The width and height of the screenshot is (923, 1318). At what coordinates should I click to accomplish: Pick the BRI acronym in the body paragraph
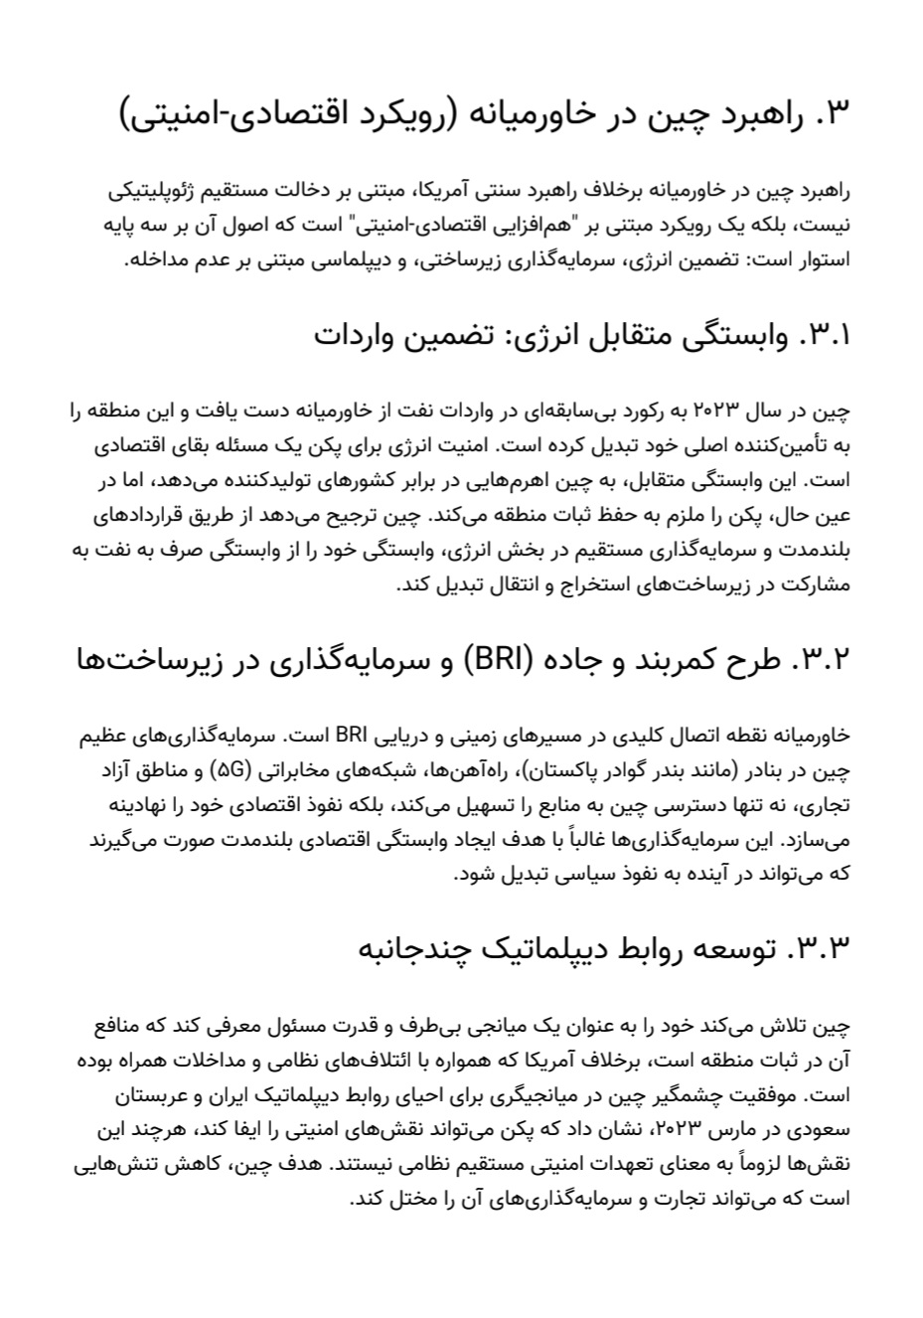click(353, 737)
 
